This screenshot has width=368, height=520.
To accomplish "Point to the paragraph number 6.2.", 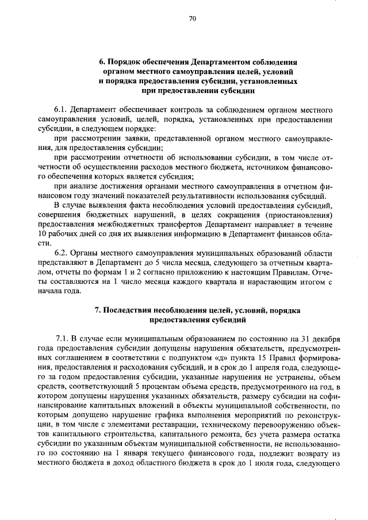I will click(x=61, y=253).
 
